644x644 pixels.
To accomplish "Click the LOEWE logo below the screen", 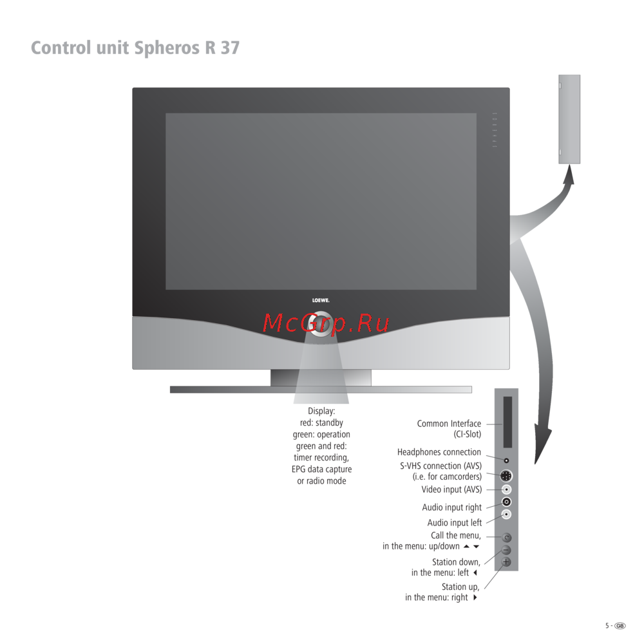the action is [321, 300].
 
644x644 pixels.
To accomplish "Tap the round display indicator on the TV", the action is [320, 324].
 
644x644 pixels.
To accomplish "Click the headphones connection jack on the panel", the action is [506, 461].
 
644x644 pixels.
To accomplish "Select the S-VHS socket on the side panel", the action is [506, 476].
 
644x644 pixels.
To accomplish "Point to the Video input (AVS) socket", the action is [506, 489].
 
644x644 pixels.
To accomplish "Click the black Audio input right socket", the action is [506, 502].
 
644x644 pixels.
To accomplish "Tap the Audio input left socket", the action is [506, 514].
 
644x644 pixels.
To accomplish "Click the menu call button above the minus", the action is [506, 538].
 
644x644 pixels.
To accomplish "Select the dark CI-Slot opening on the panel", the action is [507, 422].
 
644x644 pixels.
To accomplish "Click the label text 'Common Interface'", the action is [449, 424].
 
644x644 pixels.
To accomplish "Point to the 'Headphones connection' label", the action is [439, 452].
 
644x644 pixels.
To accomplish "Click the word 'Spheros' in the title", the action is [167, 48].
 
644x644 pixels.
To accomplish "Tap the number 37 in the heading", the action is [230, 48].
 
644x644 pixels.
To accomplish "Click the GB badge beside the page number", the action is [620, 626].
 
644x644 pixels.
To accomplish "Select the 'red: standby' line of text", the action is [321, 422].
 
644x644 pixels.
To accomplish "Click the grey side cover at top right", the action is [569, 119].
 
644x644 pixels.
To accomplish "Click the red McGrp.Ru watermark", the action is [326, 323].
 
